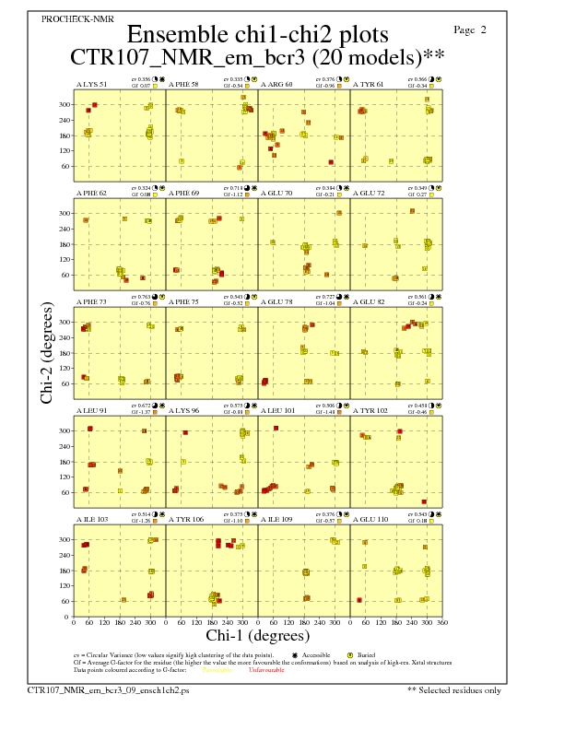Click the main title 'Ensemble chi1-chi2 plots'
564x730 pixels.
pyautogui.click(x=258, y=34)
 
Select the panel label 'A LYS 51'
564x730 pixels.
pyautogui.click(x=91, y=85)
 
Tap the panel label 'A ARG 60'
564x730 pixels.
pyautogui.click(x=276, y=85)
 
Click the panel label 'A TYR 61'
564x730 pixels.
pyautogui.click(x=369, y=85)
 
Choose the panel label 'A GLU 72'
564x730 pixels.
pyautogui.click(x=369, y=194)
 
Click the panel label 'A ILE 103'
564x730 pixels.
pyautogui.click(x=91, y=520)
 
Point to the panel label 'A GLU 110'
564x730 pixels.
pyautogui.click(x=370, y=520)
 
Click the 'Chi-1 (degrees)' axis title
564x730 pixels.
pyautogui.click(x=257, y=635)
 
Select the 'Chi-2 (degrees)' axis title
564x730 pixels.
pyautogui.click(x=47, y=351)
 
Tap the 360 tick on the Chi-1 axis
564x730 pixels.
pyautogui.click(x=442, y=622)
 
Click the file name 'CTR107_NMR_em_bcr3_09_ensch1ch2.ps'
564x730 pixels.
pyautogui.click(x=108, y=689)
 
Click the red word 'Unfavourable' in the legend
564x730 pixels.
pyautogui.click(x=262, y=670)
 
